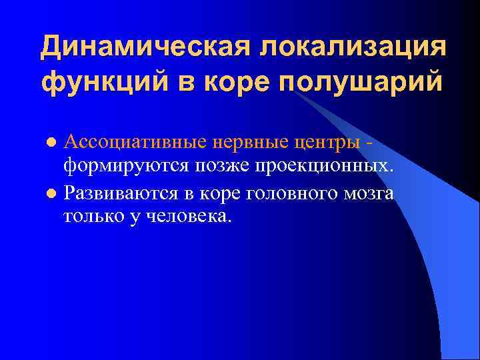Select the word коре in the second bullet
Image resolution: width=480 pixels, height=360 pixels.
click(218, 193)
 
